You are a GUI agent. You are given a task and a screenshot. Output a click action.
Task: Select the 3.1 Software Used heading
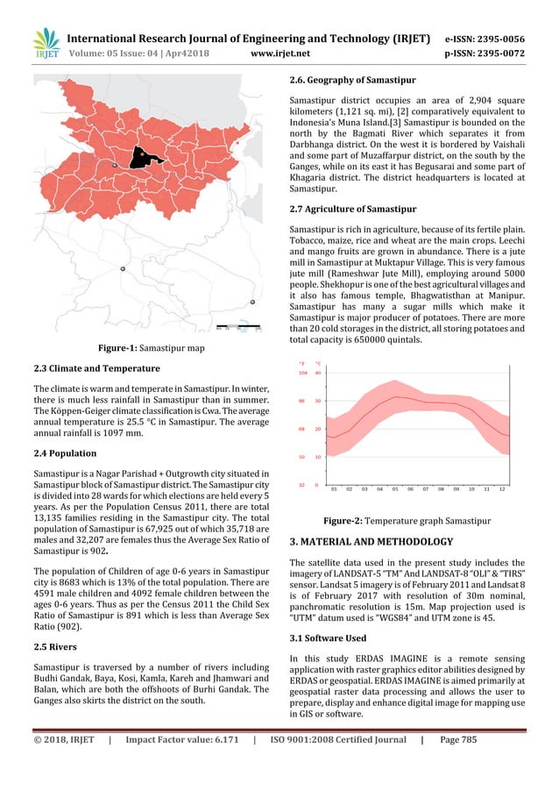[x=328, y=638]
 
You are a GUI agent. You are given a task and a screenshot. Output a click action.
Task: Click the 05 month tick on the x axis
[x=394, y=489]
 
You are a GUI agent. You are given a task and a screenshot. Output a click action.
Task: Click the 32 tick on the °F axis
[x=302, y=484]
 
